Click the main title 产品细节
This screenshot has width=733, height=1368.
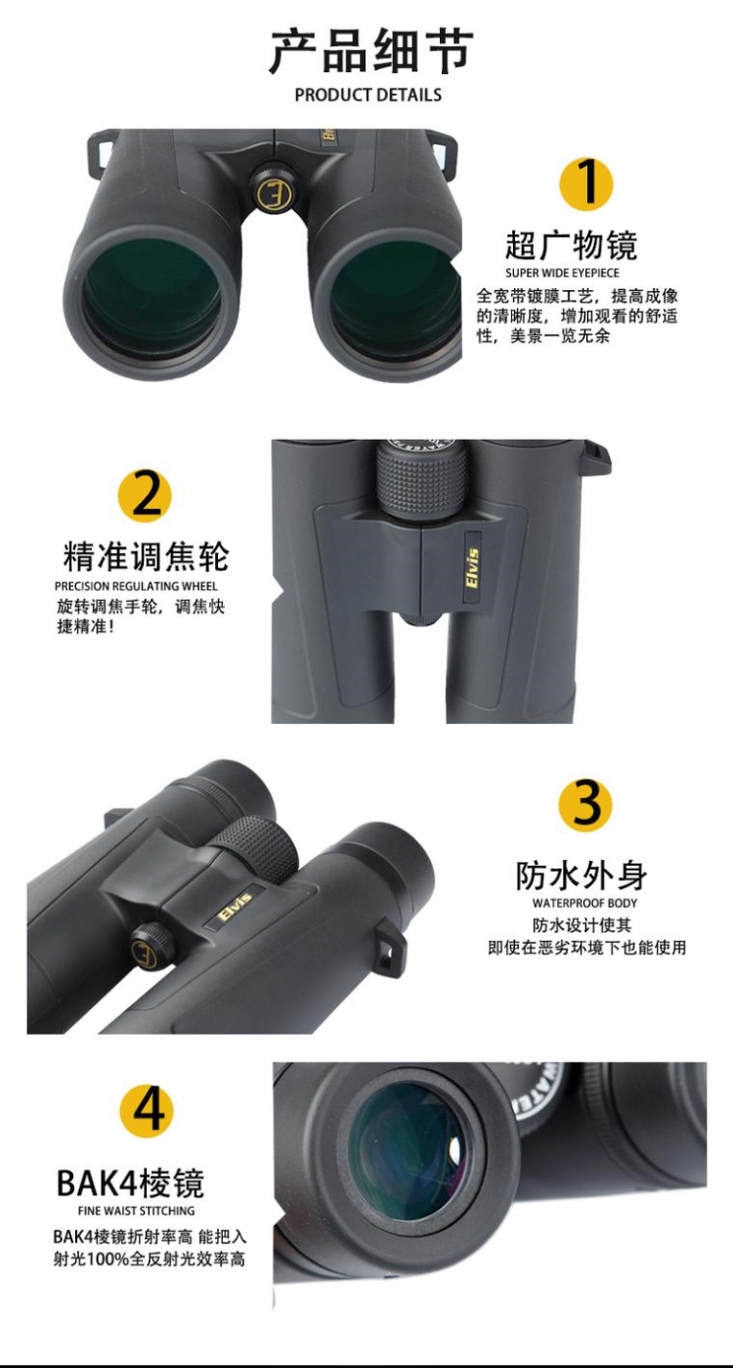369,51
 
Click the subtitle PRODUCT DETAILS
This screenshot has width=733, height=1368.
368,95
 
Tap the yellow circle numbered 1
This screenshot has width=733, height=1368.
585,183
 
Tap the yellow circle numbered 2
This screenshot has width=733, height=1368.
145,495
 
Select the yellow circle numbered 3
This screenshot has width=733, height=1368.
584,804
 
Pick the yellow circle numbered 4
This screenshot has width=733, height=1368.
147,1111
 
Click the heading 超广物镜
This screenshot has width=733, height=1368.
571,244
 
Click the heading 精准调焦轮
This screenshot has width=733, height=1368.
146,556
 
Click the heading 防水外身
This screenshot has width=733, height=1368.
582,875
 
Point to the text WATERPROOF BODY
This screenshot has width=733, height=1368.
584,903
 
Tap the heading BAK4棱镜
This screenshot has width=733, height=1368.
130,1182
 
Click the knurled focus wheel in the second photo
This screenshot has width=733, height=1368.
422,479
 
